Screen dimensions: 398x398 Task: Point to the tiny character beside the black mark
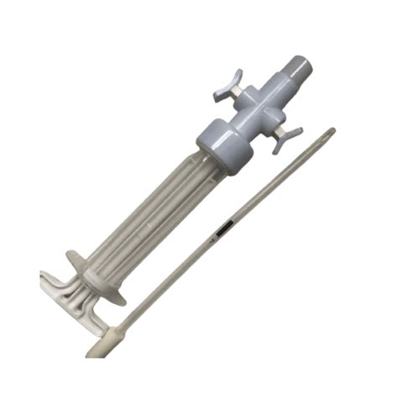[x=212, y=241]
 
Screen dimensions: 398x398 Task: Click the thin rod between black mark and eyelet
[x=277, y=181]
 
